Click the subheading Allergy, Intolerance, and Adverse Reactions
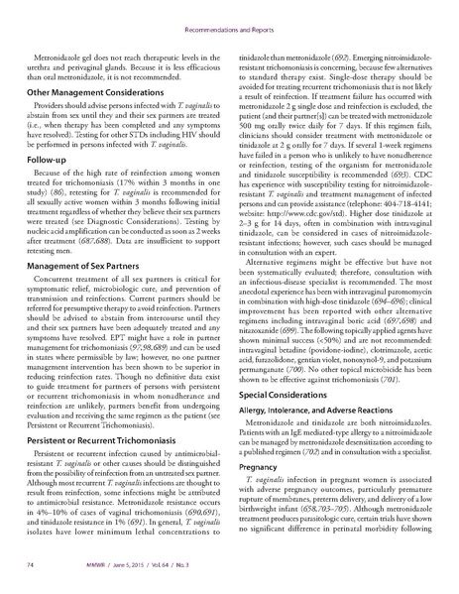(316, 436)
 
